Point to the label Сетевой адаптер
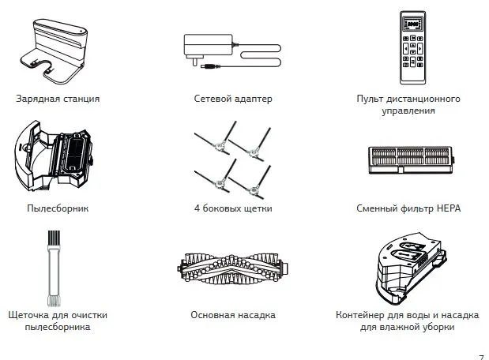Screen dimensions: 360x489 coord(232,99)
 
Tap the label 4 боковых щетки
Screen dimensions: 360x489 coord(232,209)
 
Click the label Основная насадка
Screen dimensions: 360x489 coord(232,314)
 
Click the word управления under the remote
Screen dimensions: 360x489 coord(408,112)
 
